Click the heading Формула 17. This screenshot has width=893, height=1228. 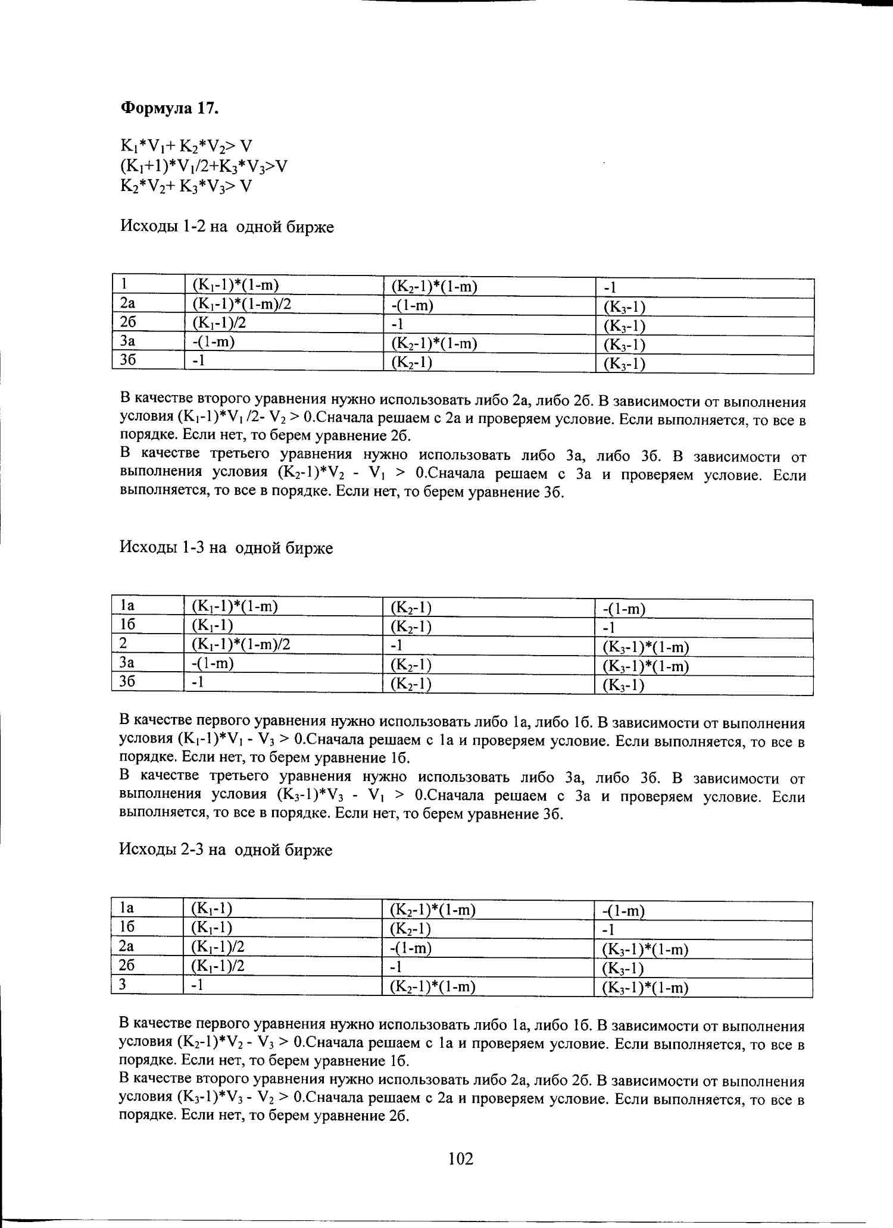click(170, 108)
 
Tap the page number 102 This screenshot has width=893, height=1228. click(461, 1159)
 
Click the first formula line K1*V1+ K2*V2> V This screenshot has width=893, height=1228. click(186, 146)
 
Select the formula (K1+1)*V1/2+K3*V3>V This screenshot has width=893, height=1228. click(204, 166)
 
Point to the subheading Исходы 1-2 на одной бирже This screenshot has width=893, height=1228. click(227, 227)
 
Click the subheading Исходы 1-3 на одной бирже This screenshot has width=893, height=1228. click(226, 547)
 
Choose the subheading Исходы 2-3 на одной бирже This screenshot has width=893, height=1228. click(226, 850)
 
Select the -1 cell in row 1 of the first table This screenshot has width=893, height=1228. click(610, 288)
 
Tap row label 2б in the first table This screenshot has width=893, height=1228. click(128, 322)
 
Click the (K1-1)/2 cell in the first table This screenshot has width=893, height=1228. click(219, 323)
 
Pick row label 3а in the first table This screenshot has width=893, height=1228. click(127, 342)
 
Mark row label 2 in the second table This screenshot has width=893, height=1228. click(123, 643)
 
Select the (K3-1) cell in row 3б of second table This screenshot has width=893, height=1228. click(623, 685)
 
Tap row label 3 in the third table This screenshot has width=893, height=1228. click(123, 984)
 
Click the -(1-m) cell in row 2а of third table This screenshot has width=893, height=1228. click(410, 948)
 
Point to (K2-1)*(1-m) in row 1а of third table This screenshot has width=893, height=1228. click(432, 910)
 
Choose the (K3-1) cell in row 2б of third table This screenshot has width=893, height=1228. click(623, 969)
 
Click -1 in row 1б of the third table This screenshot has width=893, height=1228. click(608, 930)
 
